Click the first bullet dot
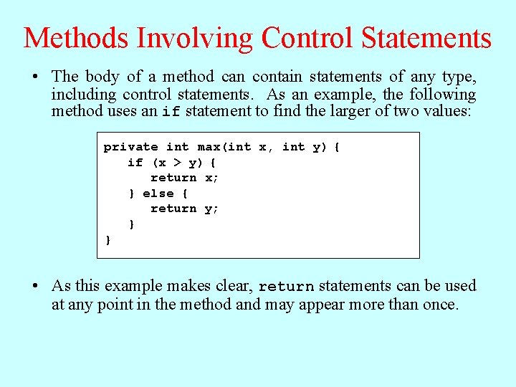(x=36, y=77)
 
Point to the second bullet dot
(x=36, y=286)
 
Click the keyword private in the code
(x=130, y=147)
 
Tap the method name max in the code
(x=209, y=147)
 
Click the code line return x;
(x=184, y=178)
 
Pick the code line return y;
(x=184, y=209)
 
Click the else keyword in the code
(x=158, y=193)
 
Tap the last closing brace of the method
(x=108, y=240)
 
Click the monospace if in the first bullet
(x=171, y=112)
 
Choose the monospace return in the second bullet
(x=286, y=287)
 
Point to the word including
(x=84, y=94)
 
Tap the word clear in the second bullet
(x=234, y=286)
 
